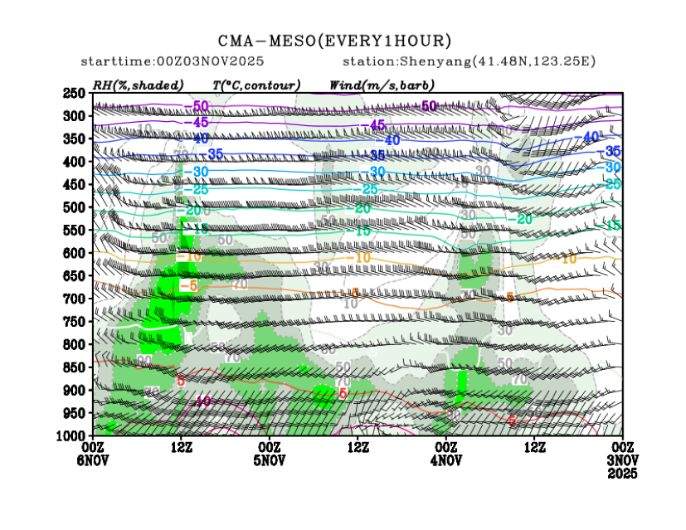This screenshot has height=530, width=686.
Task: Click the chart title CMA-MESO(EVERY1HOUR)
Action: [x=335, y=40]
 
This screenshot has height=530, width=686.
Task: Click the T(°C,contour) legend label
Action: [x=256, y=85]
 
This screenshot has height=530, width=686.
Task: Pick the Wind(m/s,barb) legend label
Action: [x=382, y=85]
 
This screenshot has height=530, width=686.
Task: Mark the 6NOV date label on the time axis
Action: [x=94, y=460]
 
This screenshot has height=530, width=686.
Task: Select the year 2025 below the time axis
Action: [x=622, y=473]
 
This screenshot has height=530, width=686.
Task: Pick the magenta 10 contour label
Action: [x=202, y=401]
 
